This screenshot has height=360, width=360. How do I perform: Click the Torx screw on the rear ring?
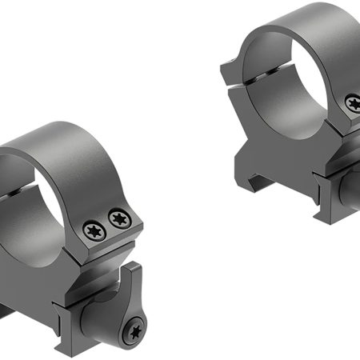click(x=353, y=101)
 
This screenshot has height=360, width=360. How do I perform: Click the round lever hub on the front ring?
click(x=132, y=320)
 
